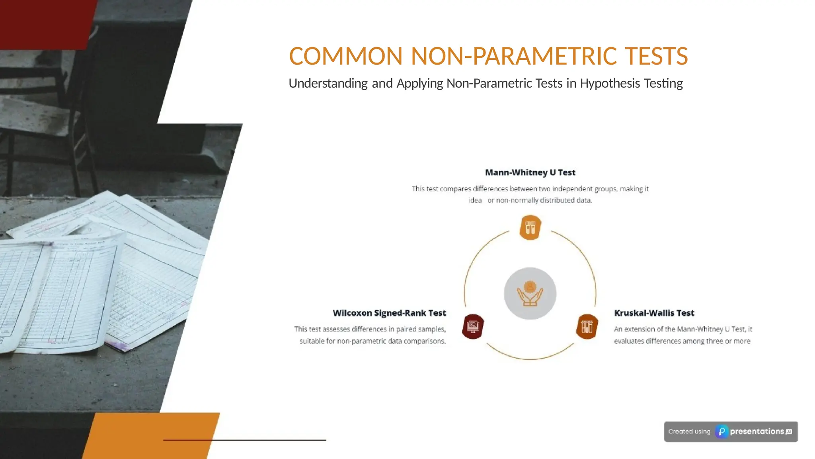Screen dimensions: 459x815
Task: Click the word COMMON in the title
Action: click(345, 56)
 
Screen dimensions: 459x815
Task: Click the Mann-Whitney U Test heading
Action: click(530, 173)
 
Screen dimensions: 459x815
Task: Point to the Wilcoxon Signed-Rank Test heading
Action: click(389, 313)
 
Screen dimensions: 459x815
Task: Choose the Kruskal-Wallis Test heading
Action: click(654, 313)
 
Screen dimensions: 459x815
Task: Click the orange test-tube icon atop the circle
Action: click(530, 228)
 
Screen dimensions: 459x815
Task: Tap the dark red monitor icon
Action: click(473, 326)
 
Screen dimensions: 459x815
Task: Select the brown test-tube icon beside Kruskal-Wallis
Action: click(587, 326)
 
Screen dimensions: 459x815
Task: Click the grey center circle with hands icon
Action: click(530, 294)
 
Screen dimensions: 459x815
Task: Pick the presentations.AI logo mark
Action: click(721, 432)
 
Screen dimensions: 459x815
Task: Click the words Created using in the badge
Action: click(689, 432)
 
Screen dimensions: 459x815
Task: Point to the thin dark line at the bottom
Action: click(245, 440)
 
